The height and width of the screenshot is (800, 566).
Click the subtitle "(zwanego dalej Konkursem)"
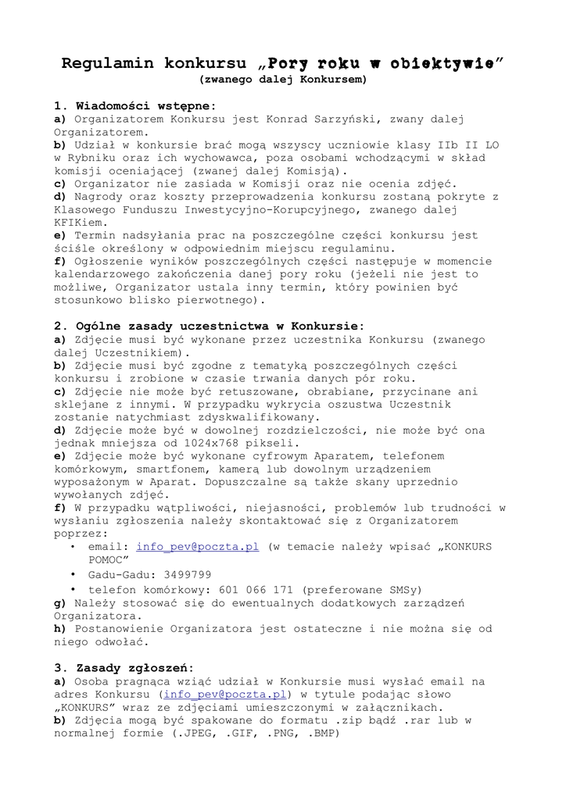[x=282, y=79]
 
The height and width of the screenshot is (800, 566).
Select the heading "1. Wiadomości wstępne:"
[x=134, y=105]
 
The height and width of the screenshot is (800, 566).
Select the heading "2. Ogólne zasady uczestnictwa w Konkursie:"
[x=209, y=326]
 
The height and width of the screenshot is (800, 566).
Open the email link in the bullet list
[x=197, y=547]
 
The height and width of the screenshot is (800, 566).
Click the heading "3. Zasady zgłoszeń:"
[x=124, y=668]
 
